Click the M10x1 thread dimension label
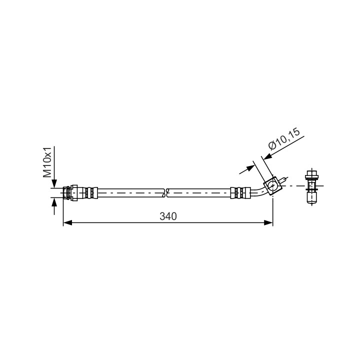(x=47, y=162)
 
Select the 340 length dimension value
(x=168, y=216)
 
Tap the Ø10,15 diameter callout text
(x=284, y=139)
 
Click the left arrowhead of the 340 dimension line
(x=67, y=222)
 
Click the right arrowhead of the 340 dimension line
(x=268, y=222)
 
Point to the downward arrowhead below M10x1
(x=54, y=183)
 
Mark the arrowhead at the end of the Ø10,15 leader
(x=267, y=156)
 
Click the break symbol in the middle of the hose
(x=166, y=193)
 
